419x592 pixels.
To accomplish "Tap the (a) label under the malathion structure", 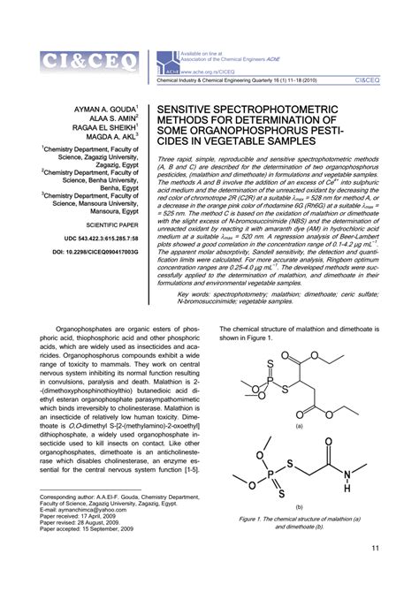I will [299, 425].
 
